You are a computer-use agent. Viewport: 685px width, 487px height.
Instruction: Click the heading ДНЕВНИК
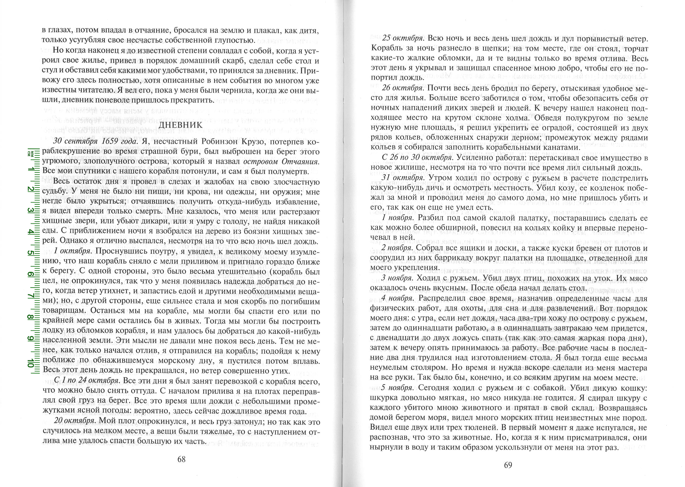pos(181,125)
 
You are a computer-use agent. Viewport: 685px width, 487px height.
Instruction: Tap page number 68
pos(181,459)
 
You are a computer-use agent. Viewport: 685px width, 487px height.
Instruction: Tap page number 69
pos(508,465)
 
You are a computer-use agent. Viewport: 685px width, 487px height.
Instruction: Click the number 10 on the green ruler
pos(31,363)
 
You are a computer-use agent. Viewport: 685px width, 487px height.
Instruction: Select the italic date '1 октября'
pos(72,251)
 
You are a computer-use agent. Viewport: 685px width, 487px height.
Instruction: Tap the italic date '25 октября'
pos(403,39)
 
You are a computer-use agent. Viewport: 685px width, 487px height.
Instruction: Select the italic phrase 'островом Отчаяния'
pos(281,162)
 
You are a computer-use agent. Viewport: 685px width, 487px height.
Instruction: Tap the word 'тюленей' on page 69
pos(456,427)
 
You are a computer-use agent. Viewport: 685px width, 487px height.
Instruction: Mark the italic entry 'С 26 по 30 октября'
pos(417,158)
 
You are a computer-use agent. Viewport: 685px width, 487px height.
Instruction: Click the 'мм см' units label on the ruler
pos(30,153)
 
